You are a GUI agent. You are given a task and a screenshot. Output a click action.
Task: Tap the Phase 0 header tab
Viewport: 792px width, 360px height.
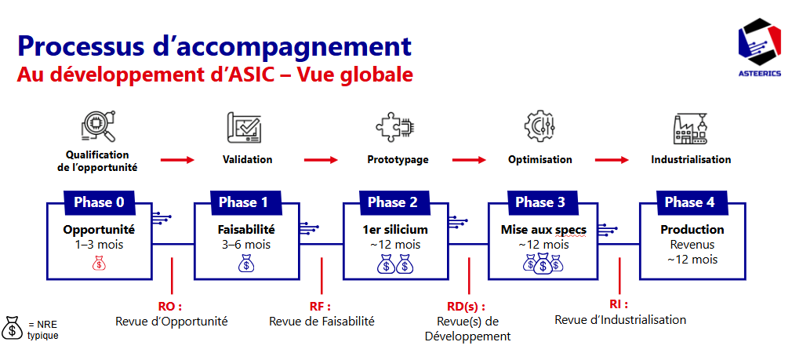click(x=99, y=202)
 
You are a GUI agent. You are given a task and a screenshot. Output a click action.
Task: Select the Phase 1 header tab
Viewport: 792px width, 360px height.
click(x=243, y=202)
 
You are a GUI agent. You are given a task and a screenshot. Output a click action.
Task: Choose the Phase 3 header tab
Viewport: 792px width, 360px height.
click(x=540, y=202)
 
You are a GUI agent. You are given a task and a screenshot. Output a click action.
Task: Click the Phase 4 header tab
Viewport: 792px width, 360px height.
click(x=689, y=202)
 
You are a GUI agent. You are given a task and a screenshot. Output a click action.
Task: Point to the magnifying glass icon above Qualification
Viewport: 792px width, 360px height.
click(x=97, y=126)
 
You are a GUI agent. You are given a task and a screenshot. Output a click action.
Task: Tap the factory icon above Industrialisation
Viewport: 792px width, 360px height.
click(x=691, y=128)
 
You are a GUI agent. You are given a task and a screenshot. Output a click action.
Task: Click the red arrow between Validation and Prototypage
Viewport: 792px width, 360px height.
click(x=322, y=160)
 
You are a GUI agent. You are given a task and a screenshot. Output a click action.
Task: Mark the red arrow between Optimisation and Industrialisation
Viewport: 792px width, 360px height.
click(x=612, y=160)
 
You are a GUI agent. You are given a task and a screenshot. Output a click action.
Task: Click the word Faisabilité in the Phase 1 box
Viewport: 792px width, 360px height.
click(x=246, y=230)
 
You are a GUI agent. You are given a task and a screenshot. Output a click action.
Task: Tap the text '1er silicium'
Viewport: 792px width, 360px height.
click(x=396, y=230)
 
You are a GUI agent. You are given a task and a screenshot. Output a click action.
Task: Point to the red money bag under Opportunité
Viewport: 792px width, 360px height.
click(x=99, y=264)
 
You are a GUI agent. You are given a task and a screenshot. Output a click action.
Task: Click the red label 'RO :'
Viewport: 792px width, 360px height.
click(x=170, y=307)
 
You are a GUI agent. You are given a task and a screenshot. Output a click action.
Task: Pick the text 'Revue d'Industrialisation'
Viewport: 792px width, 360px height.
click(x=620, y=319)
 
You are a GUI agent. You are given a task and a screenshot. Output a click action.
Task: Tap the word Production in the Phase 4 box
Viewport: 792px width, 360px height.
click(x=692, y=230)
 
